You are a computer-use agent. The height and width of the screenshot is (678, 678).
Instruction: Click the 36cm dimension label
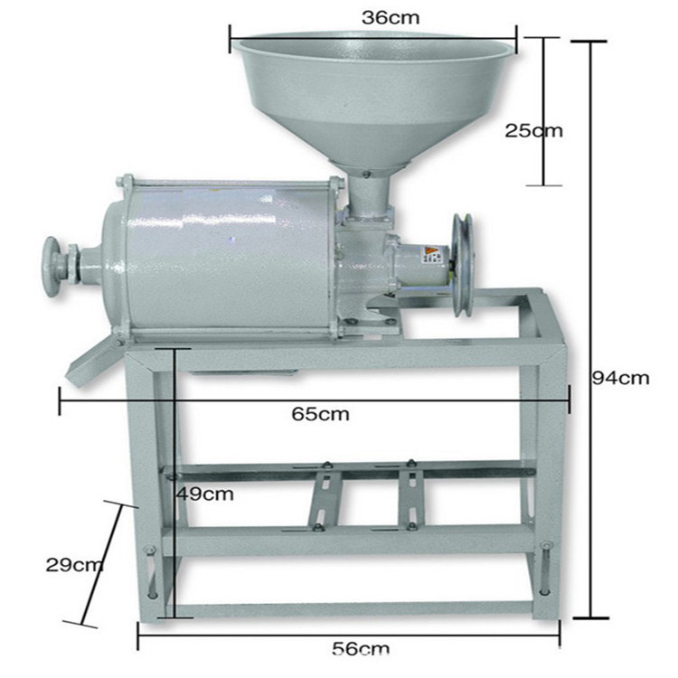point(391,18)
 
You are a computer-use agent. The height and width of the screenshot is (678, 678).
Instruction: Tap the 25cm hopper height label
point(533,130)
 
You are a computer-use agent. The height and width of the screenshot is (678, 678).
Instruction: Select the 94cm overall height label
point(620,378)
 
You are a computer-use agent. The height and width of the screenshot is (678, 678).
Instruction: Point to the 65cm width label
point(320,414)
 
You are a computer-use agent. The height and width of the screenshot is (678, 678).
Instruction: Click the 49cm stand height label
point(205,494)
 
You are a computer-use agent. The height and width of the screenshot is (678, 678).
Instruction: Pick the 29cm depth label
point(74,565)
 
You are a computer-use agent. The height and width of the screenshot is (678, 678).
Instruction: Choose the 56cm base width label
point(361,648)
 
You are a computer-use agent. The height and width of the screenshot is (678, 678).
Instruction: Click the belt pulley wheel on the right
point(462,265)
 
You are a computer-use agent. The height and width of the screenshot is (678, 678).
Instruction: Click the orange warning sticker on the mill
point(429,252)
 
